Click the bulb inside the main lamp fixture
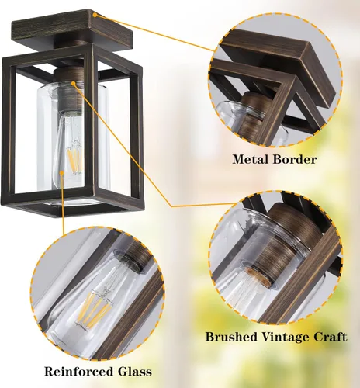[74, 159]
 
